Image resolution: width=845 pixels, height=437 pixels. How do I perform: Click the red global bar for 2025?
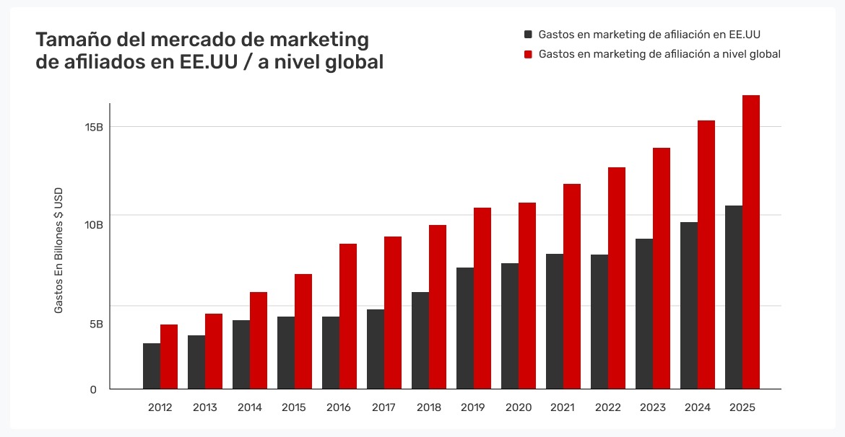751,242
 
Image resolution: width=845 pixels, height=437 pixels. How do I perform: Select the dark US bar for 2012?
152,366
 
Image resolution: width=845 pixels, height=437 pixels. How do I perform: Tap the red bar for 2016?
348,317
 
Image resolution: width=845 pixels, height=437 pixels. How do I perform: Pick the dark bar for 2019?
465,328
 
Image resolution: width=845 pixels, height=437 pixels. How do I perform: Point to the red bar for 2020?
527,296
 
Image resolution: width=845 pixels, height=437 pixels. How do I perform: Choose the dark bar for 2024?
689,306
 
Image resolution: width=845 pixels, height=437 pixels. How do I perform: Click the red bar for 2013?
214,351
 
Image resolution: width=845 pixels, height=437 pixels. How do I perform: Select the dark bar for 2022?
599,322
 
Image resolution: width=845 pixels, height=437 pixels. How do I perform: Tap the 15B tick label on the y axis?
94,127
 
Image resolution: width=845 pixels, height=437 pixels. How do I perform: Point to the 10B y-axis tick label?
94,225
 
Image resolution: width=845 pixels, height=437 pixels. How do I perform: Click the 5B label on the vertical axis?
96,324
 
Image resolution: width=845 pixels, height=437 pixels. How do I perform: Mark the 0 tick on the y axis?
93,389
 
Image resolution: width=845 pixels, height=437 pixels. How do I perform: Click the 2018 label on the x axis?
429,407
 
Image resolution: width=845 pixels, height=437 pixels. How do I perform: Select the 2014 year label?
250,407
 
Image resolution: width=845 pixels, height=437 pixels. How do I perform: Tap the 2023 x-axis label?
652,407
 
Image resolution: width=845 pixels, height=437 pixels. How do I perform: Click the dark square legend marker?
529,34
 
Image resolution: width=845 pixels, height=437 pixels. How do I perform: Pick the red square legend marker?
529,54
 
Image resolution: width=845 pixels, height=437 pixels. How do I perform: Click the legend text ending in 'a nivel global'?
659,54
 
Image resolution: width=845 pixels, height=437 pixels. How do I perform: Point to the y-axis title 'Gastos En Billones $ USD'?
59,250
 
